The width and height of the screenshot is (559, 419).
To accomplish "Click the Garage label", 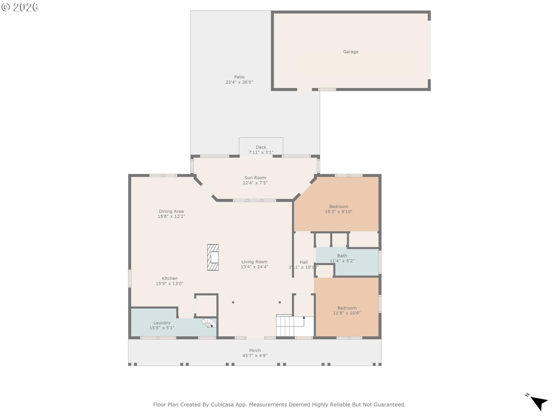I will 351,52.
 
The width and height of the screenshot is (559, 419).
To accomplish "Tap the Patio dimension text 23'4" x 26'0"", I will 239,82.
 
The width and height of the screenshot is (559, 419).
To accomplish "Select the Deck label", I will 261,147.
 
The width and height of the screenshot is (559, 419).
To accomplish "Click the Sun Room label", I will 255,178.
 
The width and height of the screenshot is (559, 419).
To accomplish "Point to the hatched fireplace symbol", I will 213,258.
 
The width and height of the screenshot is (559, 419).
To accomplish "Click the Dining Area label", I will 171,212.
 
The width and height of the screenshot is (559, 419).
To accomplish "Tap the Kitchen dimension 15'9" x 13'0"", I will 169,284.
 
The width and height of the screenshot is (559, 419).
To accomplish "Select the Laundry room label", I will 162,323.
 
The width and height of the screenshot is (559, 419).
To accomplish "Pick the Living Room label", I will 254,262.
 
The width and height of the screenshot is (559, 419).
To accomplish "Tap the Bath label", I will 342,256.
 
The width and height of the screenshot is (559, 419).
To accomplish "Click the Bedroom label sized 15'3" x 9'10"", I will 339,207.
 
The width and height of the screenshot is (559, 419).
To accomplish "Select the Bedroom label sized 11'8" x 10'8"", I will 347,308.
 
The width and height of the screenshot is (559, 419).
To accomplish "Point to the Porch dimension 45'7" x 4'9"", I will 255,356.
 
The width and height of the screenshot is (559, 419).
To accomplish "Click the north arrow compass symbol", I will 539,403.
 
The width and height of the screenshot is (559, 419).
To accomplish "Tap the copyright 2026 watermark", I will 20,7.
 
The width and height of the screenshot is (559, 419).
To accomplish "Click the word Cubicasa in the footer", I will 223,404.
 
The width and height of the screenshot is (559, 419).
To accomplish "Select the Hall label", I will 304,262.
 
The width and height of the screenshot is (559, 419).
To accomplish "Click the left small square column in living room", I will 233,302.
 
